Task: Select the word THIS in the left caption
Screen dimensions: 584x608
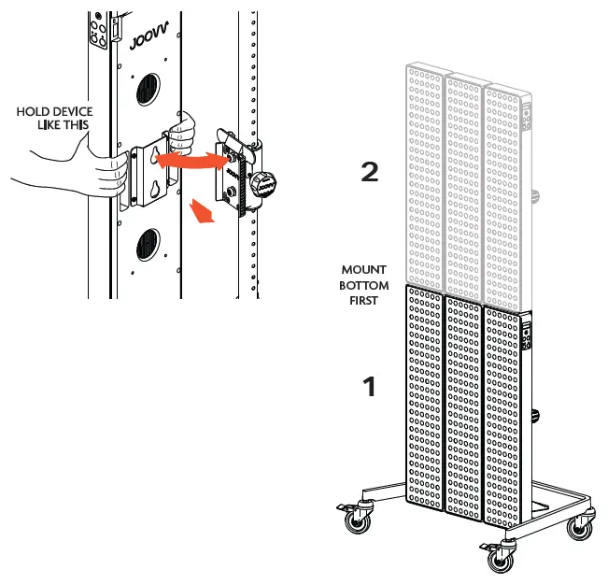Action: click(71, 124)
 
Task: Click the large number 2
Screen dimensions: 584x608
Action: click(370, 173)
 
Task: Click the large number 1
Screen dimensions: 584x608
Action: click(370, 386)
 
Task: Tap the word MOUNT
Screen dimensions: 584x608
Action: click(363, 271)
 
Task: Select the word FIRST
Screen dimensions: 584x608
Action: click(363, 301)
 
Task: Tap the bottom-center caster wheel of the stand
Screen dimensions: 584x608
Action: click(495, 558)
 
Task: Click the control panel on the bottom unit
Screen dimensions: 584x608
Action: click(527, 335)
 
